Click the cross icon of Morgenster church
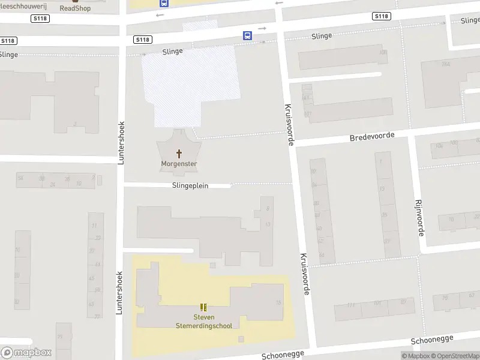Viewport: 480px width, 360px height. click(178, 154)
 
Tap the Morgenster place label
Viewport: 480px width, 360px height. click(179, 164)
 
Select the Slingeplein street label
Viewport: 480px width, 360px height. click(190, 186)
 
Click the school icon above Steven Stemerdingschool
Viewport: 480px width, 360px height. click(203, 307)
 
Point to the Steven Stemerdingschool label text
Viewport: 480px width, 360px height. click(203, 321)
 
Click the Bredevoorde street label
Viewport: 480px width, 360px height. click(372, 137)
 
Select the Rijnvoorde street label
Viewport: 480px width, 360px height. click(420, 217)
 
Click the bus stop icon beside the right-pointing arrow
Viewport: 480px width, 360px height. click(247, 35)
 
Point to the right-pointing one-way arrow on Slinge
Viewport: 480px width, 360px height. click(262, 28)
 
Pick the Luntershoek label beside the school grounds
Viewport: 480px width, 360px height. click(119, 295)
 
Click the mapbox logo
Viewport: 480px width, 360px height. click(26, 353)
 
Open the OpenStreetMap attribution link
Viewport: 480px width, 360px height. click(454, 356)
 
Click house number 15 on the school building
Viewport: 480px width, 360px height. click(278, 303)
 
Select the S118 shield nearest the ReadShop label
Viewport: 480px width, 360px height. click(41, 19)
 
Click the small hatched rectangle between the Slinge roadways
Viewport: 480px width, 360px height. click(200, 25)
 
